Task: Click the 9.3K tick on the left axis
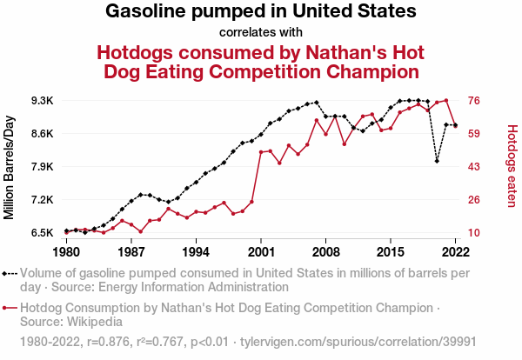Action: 42,101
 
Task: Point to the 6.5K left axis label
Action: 42,233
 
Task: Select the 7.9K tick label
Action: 42,167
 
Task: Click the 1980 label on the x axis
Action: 66,252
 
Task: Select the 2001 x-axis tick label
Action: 261,252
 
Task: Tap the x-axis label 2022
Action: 455,252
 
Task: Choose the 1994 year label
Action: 196,252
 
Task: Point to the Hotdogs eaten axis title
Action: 512,165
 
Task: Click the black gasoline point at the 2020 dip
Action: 437,161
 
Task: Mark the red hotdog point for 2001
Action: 261,152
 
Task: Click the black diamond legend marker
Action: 9,273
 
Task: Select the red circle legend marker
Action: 9,308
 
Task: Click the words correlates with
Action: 261,32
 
